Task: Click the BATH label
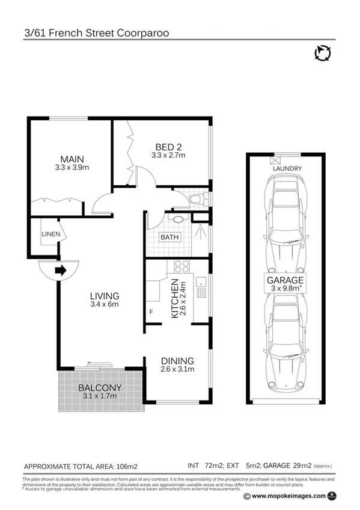(x=169, y=237)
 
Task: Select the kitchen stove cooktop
(x=182, y=266)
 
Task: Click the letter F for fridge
(x=151, y=312)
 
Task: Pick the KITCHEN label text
(x=175, y=298)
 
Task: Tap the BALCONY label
(x=100, y=387)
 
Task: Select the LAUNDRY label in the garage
(x=287, y=169)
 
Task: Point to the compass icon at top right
(x=322, y=54)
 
